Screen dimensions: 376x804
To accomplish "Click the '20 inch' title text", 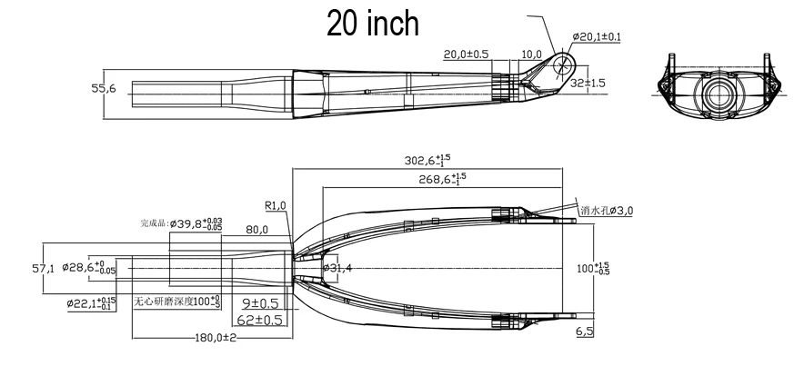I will click(373, 25).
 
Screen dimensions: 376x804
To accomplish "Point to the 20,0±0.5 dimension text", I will click(466, 54).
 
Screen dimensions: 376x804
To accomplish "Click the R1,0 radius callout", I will click(276, 205).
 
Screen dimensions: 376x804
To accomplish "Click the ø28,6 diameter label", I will click(92, 269).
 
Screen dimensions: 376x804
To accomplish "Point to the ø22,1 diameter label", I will click(91, 302).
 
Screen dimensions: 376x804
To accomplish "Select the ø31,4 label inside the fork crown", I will click(338, 269).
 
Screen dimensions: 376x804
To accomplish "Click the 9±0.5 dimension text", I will click(260, 302).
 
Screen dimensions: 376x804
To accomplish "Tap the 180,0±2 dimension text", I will click(215, 338).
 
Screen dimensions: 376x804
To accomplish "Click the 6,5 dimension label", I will click(584, 333).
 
